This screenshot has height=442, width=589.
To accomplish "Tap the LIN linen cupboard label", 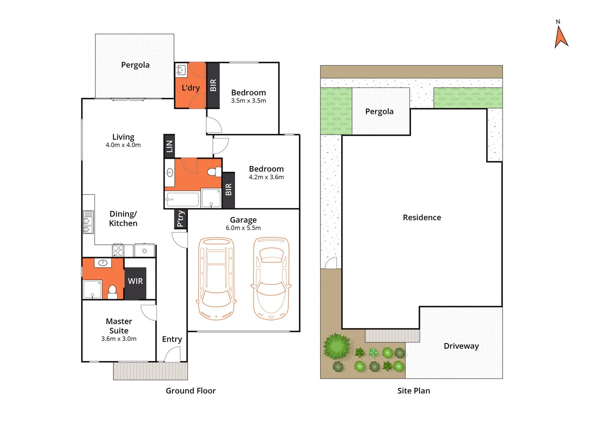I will point(169,146).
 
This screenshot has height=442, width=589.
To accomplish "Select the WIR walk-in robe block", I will point(135,281).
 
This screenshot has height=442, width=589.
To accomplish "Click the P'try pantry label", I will point(180,219).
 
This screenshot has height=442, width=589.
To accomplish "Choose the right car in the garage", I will point(271,278).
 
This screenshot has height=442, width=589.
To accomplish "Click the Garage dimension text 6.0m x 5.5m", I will point(243,228).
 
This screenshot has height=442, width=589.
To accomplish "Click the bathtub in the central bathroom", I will point(183,200).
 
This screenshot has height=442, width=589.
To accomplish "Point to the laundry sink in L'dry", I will point(181,70).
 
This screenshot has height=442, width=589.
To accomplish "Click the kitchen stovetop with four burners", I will point(118,250).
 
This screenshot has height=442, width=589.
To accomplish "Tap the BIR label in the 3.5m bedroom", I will point(213,85).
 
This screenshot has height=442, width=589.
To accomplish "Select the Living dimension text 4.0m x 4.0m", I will point(123,145).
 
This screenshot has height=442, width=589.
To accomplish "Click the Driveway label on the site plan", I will point(461,346).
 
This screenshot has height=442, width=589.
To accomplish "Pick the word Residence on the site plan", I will point(422,218).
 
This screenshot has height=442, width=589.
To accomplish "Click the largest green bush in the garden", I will point(337,346).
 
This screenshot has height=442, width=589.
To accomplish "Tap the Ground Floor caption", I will point(190,391).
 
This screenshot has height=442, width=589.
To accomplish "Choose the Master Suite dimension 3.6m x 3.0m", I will point(119,339).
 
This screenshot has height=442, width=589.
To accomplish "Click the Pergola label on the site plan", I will point(379,112).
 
